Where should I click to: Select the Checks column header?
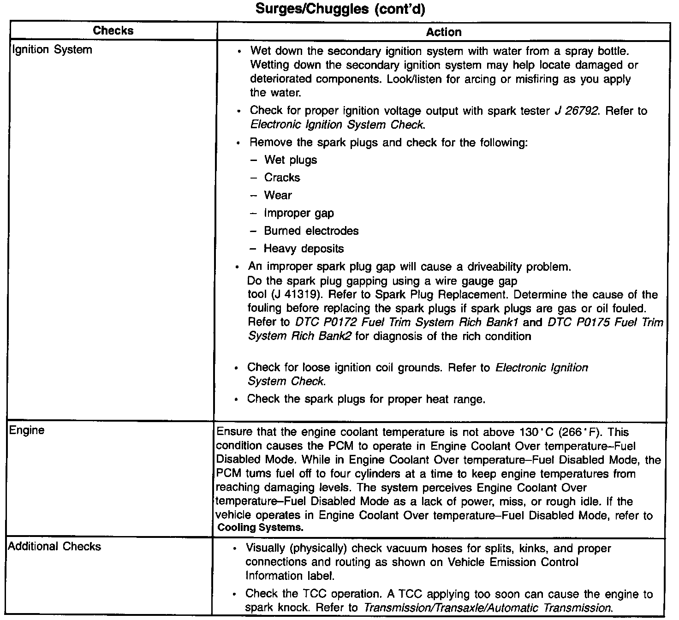point(113,31)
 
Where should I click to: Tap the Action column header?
point(443,32)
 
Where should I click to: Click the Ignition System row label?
point(52,49)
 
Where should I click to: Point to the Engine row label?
point(27,430)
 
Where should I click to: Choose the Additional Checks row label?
point(54,547)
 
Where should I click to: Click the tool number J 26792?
point(577,111)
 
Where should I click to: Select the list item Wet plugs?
point(291,160)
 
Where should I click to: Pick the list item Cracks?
point(282,178)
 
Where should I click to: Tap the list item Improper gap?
point(299,213)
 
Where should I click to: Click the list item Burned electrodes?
point(311,231)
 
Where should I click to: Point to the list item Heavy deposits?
point(304,249)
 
